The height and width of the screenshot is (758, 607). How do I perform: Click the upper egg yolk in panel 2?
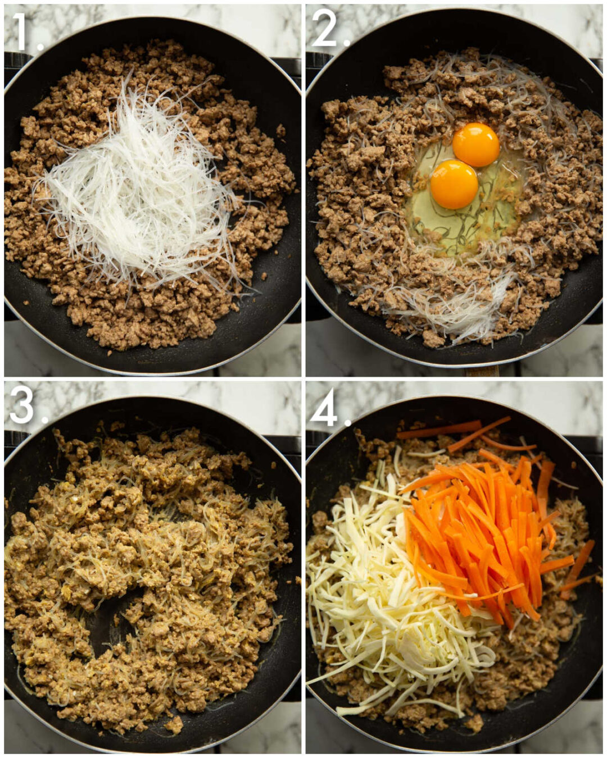(x=476, y=145)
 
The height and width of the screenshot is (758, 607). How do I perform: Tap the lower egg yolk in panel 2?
(x=454, y=184)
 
